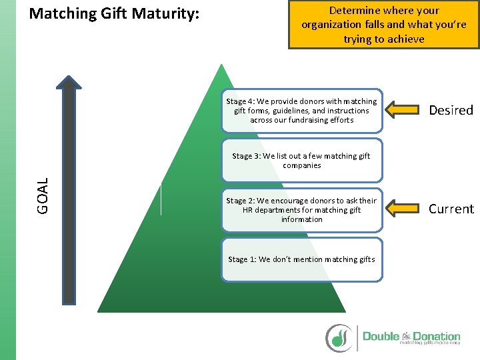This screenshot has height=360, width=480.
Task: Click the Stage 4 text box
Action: click(301, 111)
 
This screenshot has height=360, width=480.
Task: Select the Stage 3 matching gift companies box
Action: click(301, 160)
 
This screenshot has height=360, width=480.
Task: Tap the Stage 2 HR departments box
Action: click(301, 209)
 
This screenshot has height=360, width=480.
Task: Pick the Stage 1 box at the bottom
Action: click(301, 259)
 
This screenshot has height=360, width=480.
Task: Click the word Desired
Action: click(451, 110)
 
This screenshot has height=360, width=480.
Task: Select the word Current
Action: click(451, 209)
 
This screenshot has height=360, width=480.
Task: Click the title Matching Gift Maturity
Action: click(115, 13)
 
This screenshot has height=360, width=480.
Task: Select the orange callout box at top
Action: click(383, 25)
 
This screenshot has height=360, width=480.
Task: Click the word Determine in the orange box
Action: click(356, 11)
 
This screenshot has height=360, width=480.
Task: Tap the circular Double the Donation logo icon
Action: click(339, 337)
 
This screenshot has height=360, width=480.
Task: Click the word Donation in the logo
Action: click(437, 336)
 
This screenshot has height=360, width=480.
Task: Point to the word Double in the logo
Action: click(381, 336)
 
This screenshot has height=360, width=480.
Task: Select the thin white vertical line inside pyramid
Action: click(161, 199)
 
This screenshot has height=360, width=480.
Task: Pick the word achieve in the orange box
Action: click(404, 39)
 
